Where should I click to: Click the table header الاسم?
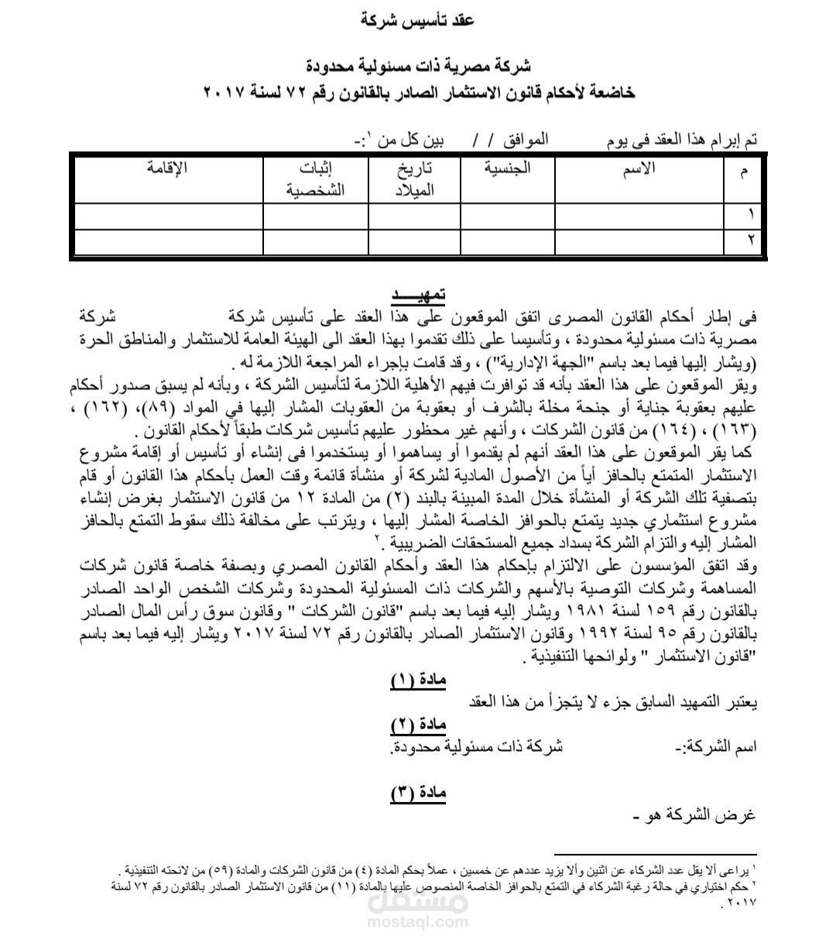pyautogui.click(x=639, y=170)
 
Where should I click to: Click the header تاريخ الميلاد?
pyautogui.click(x=414, y=179)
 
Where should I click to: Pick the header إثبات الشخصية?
pyautogui.click(x=315, y=179)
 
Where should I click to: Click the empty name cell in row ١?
pyautogui.click(x=639, y=216)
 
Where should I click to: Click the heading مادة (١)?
pyautogui.click(x=418, y=681)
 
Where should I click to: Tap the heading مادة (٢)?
pyautogui.click(x=418, y=725)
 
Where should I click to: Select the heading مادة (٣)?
pyautogui.click(x=418, y=793)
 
